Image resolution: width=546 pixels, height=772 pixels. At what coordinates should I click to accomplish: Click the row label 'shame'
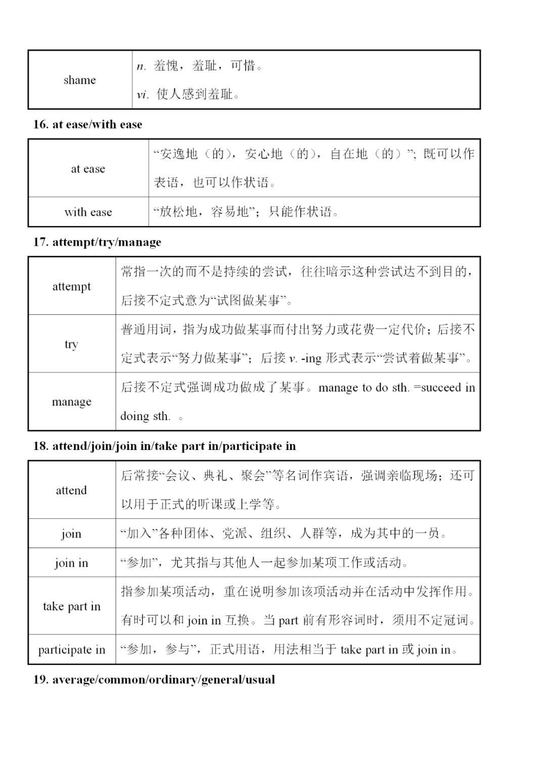pos(79,80)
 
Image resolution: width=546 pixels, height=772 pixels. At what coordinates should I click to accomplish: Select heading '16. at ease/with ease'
pos(88,124)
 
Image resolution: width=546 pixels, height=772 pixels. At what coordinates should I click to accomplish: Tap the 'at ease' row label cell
pos(88,168)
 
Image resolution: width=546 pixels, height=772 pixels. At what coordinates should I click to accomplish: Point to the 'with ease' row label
pos(88,212)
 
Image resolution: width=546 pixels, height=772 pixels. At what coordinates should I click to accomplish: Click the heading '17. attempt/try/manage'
pos(97,242)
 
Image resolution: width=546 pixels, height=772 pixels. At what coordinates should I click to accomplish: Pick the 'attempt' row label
pos(72,286)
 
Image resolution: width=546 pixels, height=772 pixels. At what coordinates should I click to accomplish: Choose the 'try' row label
pos(71,344)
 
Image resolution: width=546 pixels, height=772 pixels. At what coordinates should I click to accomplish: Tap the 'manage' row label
pos(72,402)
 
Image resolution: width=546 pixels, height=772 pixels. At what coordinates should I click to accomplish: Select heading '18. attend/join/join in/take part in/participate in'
pos(164,446)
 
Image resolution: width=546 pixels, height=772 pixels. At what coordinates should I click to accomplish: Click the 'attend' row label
pos(71,490)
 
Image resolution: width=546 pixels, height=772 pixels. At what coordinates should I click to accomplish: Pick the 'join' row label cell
pos(71,533)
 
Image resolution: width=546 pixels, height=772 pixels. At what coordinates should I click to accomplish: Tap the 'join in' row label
pos(71,563)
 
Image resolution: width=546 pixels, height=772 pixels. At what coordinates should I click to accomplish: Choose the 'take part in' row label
pos(71,606)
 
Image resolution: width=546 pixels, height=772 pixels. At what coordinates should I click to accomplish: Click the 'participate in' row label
pos(71,650)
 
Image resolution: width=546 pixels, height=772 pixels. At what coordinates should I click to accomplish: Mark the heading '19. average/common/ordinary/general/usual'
pos(154,679)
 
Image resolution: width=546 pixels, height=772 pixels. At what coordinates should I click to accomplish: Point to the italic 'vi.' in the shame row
pos(143,95)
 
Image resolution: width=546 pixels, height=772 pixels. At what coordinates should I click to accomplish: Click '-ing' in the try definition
pos(310,358)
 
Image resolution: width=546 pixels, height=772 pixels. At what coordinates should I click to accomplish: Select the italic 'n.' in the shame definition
pos(141,66)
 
